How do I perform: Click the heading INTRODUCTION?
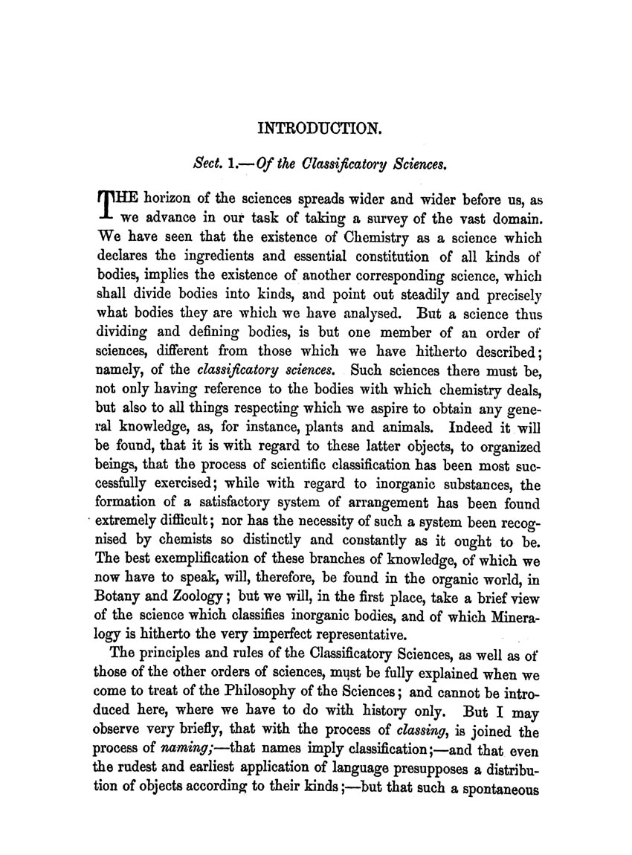[x=320, y=129]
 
